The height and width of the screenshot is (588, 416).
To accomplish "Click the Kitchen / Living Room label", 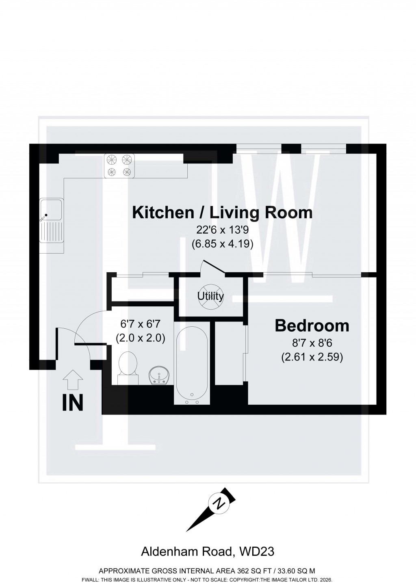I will click(223, 213).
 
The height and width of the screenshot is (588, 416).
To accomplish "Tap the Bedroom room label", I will click(312, 325).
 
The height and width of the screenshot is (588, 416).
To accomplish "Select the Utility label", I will click(210, 296).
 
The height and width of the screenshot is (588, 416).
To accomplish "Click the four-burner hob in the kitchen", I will click(119, 165).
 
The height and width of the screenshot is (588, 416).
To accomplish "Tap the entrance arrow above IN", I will click(73, 380).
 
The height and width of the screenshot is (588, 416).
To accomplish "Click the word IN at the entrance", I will click(73, 403).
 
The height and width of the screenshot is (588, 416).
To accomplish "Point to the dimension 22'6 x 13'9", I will click(222, 230).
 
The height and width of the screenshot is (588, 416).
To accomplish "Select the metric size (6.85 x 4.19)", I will click(222, 244).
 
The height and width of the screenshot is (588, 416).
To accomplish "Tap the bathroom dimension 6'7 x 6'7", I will click(140, 324).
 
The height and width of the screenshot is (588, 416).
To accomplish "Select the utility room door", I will click(214, 267).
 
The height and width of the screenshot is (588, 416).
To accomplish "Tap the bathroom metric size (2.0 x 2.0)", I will click(140, 338).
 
